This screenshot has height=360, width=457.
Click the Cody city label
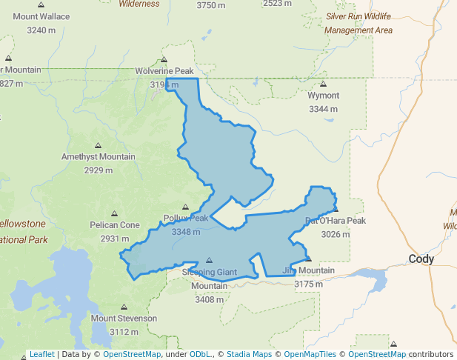point(421,259)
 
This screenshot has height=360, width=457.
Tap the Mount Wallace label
point(41,16)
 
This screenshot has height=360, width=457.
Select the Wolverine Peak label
point(164,71)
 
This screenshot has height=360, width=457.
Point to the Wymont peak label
point(324,96)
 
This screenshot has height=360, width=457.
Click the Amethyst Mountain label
point(98,156)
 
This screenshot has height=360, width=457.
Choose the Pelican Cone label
point(114,225)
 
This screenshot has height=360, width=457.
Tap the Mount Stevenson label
point(124,319)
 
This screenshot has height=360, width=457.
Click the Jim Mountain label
point(308,270)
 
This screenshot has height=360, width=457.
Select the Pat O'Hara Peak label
point(336,221)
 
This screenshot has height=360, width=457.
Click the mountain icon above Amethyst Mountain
point(98,145)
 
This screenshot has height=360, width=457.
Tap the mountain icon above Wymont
point(323,84)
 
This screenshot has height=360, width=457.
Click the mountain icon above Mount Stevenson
point(124,307)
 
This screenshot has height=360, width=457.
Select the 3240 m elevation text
point(41,30)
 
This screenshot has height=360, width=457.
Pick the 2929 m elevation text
point(98,170)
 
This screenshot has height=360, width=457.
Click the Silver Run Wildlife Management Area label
point(358,23)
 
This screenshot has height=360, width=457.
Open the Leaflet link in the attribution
point(41,354)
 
